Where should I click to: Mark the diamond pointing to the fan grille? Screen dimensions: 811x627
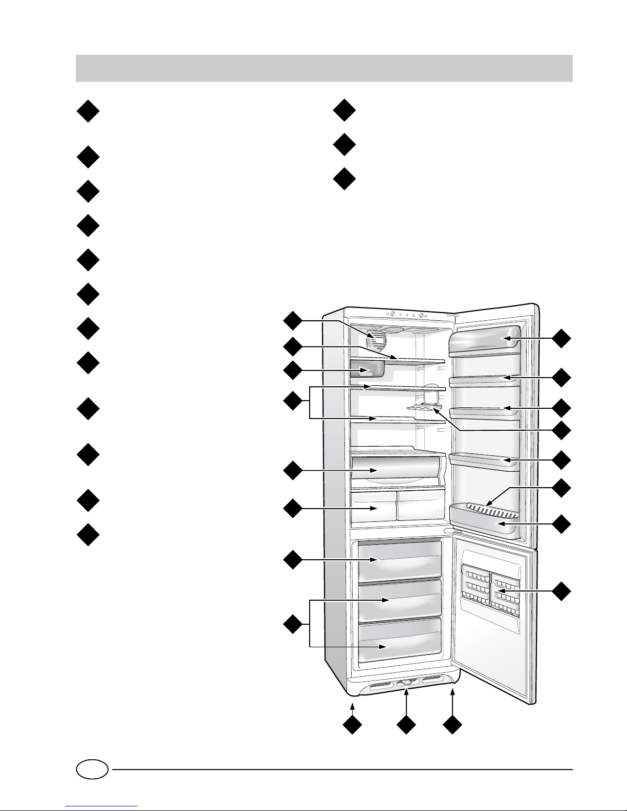[x=293, y=321]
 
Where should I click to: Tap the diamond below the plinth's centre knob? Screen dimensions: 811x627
[x=406, y=727]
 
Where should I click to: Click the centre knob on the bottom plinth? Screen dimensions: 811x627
[x=407, y=683]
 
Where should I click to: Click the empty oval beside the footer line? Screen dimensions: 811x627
[x=92, y=769]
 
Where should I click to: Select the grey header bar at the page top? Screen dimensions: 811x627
[x=323, y=69]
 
